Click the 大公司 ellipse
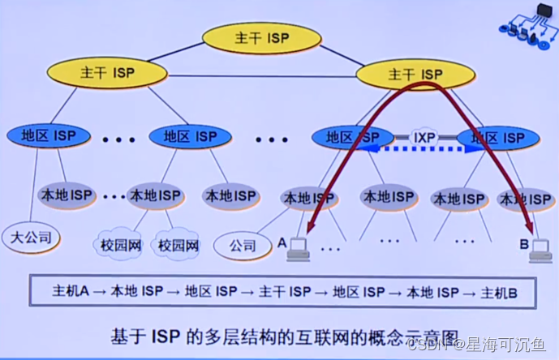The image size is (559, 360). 31,238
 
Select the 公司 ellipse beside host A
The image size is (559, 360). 243,243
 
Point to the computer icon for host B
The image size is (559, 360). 538,252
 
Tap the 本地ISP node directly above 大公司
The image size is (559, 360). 66,195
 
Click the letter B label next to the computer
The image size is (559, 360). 522,242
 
